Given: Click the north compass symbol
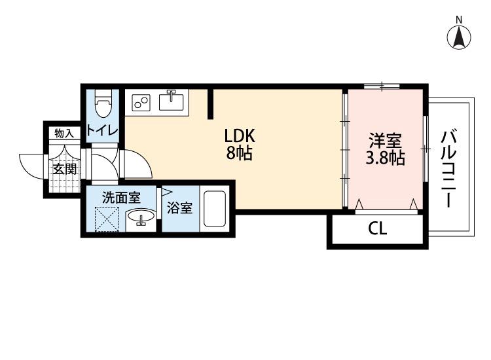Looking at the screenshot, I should coord(460,36).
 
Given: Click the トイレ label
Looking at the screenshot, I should coord(103,130).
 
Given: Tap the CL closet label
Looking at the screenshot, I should coord(377,229).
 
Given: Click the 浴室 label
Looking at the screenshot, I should coord(179,209).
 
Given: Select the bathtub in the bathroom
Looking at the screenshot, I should coord(213,209).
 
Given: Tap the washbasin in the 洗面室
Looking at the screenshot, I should coord(140,219).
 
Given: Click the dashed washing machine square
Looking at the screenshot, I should coord(107,219).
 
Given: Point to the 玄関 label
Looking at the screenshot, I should coord(64,169).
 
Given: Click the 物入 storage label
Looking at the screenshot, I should coord(64,133).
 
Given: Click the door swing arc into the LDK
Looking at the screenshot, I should coord(136,164).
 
